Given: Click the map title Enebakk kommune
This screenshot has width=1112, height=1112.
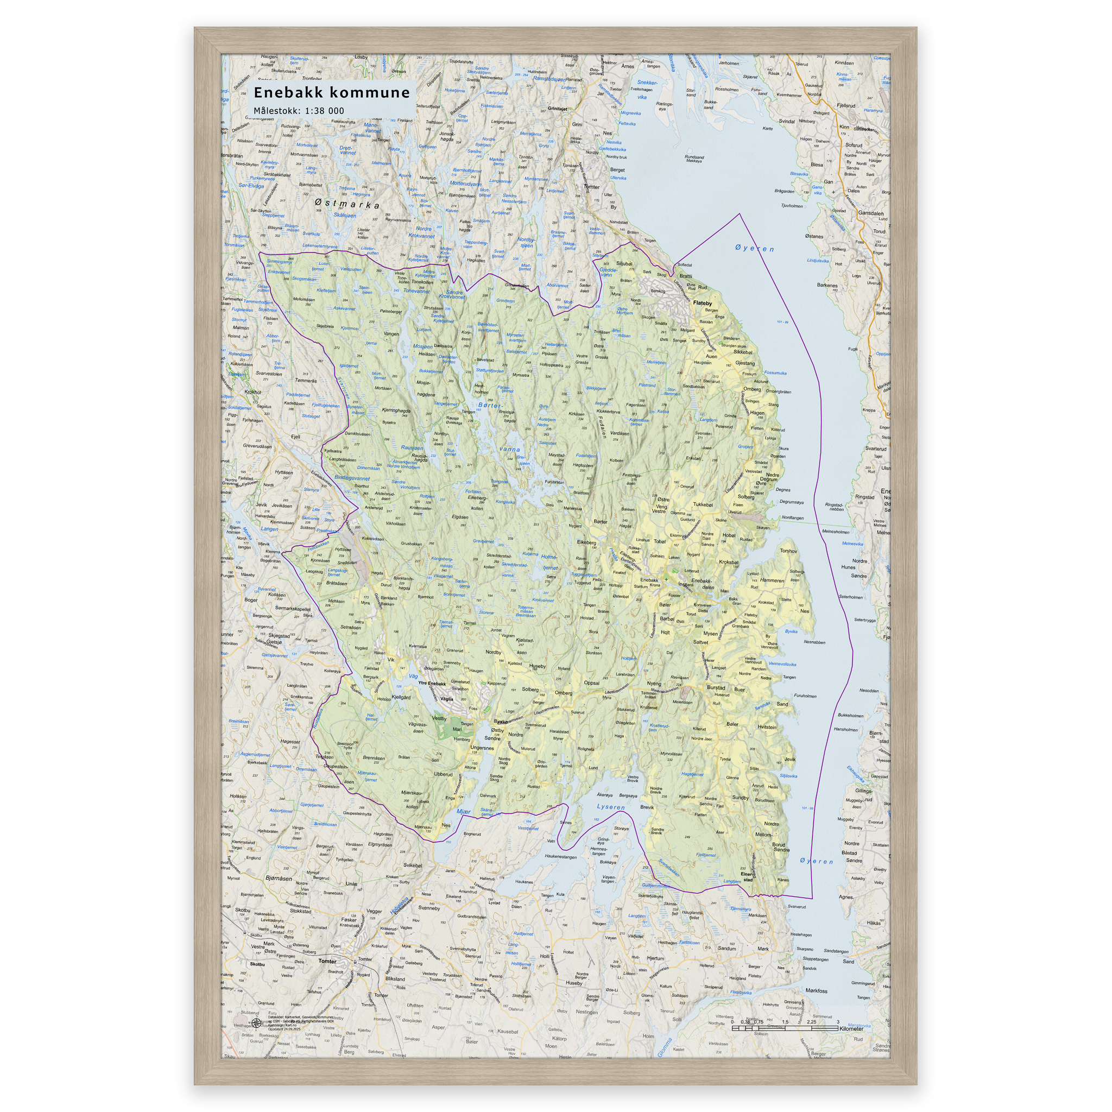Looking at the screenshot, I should [332, 93].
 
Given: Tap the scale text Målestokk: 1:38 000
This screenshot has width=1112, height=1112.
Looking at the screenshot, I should [299, 111].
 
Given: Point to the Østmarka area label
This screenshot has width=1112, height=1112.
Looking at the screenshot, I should [347, 204].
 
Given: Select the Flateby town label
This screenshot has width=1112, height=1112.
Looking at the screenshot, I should [702, 304].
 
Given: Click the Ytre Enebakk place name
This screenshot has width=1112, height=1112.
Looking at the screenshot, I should [432, 684].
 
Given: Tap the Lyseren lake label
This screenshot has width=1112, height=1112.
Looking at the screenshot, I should [611, 807].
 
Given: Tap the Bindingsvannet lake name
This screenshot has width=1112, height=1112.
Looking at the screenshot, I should [352, 478].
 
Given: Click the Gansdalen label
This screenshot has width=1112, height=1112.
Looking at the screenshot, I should [870, 213].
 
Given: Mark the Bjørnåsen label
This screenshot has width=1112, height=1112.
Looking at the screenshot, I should [279, 879].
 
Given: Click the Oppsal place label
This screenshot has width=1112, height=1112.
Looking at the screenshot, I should [591, 683].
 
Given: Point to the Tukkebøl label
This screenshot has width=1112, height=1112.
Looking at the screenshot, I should [703, 505].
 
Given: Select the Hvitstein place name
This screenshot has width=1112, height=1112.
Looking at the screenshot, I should [767, 727].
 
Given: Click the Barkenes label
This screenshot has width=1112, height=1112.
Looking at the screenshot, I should [827, 285].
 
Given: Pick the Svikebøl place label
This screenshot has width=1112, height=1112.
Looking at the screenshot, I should [413, 865].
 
